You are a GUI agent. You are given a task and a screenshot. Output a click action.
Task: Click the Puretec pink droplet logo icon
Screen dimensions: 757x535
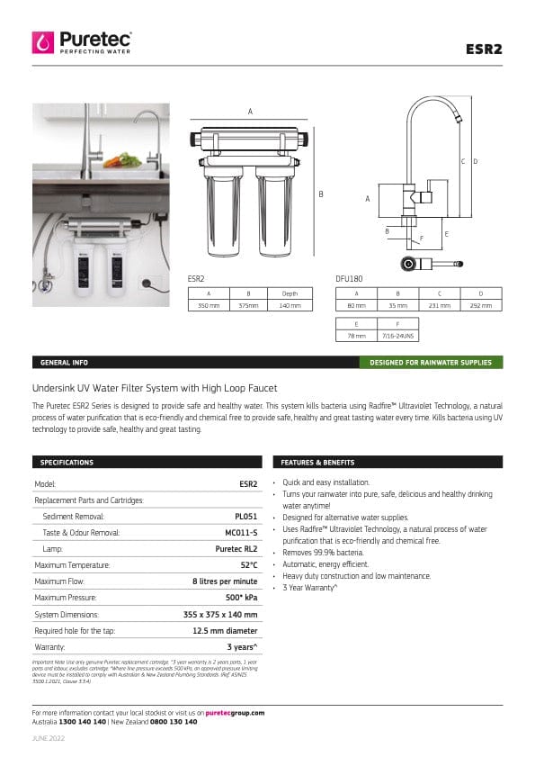point(43,42)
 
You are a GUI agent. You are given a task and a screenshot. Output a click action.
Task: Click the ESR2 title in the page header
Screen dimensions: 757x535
point(485,49)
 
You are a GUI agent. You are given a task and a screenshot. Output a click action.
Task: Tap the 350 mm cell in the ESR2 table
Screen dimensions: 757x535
point(209,306)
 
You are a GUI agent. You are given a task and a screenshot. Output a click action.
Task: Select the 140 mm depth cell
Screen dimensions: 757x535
point(290,306)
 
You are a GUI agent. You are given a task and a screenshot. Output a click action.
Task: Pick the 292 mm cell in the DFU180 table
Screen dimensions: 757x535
point(481,306)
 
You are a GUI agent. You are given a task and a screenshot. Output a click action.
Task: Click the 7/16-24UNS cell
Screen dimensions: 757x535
point(398,336)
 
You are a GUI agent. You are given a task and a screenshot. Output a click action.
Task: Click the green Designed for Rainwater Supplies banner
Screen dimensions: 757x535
point(431,363)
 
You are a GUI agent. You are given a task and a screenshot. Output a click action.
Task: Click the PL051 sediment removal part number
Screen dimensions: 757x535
point(245,517)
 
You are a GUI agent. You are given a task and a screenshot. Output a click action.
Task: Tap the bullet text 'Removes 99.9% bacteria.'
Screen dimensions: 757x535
point(324,552)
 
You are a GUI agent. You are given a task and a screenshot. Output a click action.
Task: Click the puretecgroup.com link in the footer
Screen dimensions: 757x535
point(235,712)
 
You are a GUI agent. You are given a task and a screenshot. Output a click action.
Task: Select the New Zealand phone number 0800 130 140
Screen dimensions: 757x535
point(174,722)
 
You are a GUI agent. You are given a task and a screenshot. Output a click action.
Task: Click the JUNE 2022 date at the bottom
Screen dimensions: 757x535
point(49,738)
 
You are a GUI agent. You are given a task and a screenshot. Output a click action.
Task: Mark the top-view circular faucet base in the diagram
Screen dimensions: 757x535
point(410,264)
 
